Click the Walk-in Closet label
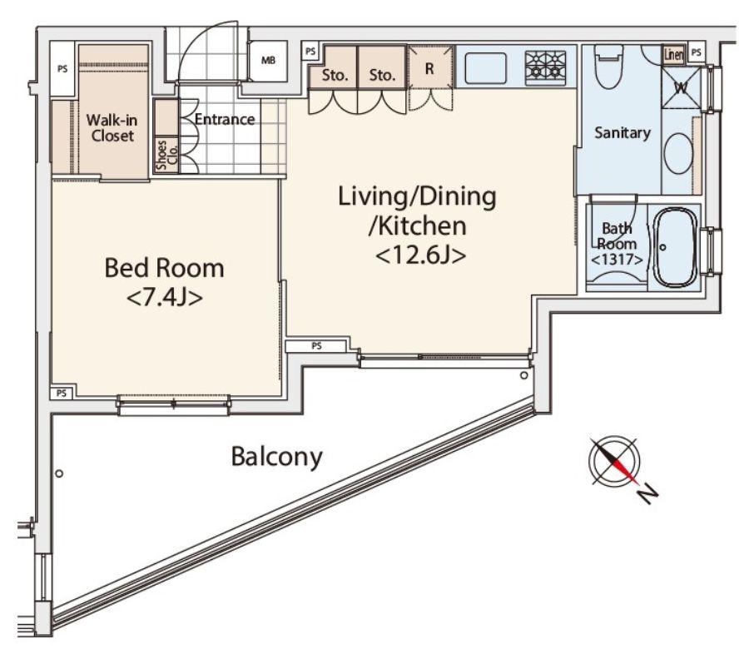click(112, 128)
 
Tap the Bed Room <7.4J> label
click(164, 282)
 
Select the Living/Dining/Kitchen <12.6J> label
click(418, 225)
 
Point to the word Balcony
click(276, 457)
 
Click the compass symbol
click(614, 461)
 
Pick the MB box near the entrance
click(268, 62)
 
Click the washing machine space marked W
click(681, 87)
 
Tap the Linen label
click(673, 55)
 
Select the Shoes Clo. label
click(167, 155)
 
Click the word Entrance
click(225, 119)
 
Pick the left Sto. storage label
click(335, 75)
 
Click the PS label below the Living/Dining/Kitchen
click(317, 346)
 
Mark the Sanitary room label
click(622, 133)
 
